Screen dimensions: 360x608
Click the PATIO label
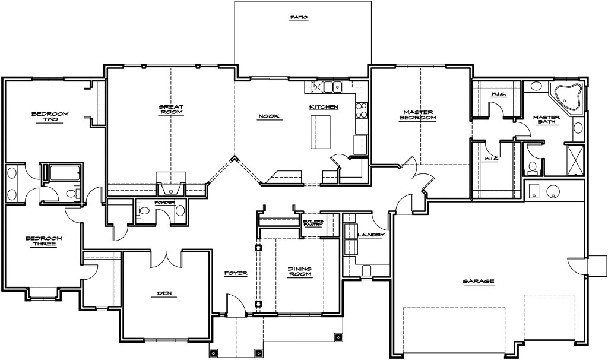298,18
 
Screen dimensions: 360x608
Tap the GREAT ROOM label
170,109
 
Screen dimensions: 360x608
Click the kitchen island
319,132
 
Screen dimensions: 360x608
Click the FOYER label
235,273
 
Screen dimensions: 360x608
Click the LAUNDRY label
371,235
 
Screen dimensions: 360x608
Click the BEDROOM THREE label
44,241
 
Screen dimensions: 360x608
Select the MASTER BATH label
546,120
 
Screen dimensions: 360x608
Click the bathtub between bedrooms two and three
63,173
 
